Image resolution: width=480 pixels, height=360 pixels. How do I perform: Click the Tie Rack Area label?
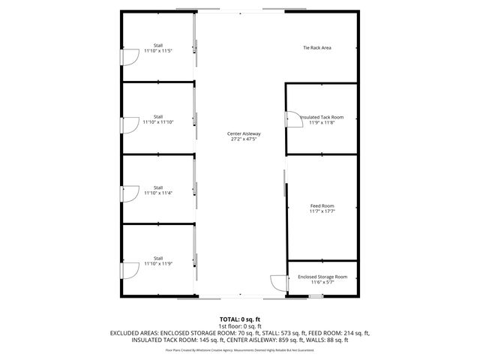316,48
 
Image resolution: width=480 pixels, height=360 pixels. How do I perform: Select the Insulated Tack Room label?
322,117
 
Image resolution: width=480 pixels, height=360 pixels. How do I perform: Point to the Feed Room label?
322,205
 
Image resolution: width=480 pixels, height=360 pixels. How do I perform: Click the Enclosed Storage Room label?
322,277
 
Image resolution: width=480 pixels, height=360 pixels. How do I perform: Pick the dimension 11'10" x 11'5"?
158,51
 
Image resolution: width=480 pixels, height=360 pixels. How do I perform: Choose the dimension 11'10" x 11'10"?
158,121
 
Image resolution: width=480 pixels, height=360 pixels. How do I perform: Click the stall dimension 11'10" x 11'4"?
158,193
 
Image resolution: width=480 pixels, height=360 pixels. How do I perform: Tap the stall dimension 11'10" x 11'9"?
158,264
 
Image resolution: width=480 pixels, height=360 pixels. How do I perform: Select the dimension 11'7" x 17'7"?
322,211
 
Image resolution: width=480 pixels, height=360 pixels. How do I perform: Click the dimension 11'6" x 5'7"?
322,282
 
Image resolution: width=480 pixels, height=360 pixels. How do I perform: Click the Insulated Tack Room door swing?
290,118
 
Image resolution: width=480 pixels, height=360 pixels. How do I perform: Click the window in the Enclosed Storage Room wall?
316,296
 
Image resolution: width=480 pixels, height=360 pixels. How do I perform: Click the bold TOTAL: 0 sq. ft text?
240,318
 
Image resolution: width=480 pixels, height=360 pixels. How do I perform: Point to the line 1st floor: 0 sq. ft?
240,325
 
